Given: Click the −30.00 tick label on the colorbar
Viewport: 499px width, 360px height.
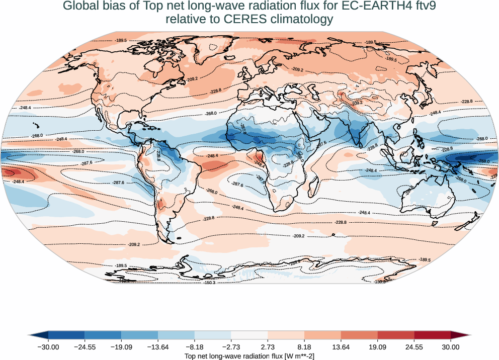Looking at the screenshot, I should [x=48, y=346].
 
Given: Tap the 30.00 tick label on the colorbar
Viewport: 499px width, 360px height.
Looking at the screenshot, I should [x=451, y=346].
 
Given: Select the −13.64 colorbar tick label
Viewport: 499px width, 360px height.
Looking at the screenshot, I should [x=158, y=346].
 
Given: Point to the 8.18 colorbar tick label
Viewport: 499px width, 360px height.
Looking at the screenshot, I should [x=304, y=346].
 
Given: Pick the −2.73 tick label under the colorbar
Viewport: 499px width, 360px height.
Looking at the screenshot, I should [x=231, y=346].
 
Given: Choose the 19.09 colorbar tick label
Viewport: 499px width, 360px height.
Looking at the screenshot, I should [x=377, y=346].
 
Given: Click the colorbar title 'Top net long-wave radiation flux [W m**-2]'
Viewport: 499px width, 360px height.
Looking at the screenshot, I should [x=249, y=355].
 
